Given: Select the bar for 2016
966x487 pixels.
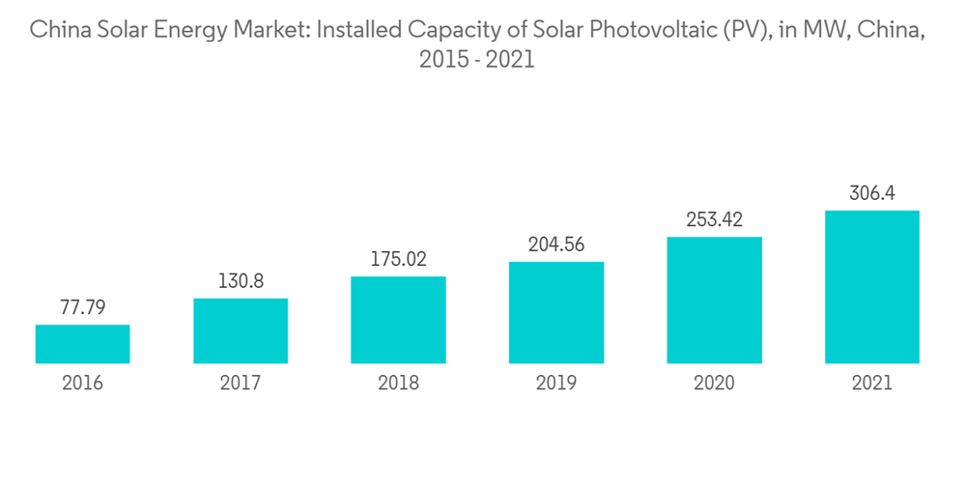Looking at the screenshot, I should click(x=82, y=344).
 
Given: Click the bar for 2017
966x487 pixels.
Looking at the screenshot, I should click(x=241, y=330).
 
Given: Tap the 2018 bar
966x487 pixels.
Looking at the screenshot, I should click(x=398, y=320).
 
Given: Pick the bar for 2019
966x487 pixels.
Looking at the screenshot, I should click(x=556, y=312).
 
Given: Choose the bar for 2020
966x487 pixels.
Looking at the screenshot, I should click(x=714, y=300).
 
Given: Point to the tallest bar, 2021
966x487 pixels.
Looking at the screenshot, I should click(x=872, y=287).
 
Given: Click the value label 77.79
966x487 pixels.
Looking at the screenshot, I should click(x=82, y=308).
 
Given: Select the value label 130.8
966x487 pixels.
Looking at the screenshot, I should click(x=241, y=281).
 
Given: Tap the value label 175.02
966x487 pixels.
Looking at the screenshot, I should click(x=398, y=260).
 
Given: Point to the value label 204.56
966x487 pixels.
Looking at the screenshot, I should click(x=556, y=244).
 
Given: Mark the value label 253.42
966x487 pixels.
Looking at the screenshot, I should click(x=714, y=220).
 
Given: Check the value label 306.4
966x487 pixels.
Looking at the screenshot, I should click(x=872, y=193).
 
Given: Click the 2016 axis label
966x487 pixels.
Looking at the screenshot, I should click(x=82, y=383).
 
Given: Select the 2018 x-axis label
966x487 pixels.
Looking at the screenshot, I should click(x=398, y=383).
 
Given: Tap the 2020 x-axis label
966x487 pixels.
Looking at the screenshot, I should click(x=714, y=383).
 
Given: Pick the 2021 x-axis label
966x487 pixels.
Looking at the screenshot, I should click(x=872, y=383).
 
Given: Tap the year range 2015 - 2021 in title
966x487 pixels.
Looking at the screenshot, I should click(x=477, y=60).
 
